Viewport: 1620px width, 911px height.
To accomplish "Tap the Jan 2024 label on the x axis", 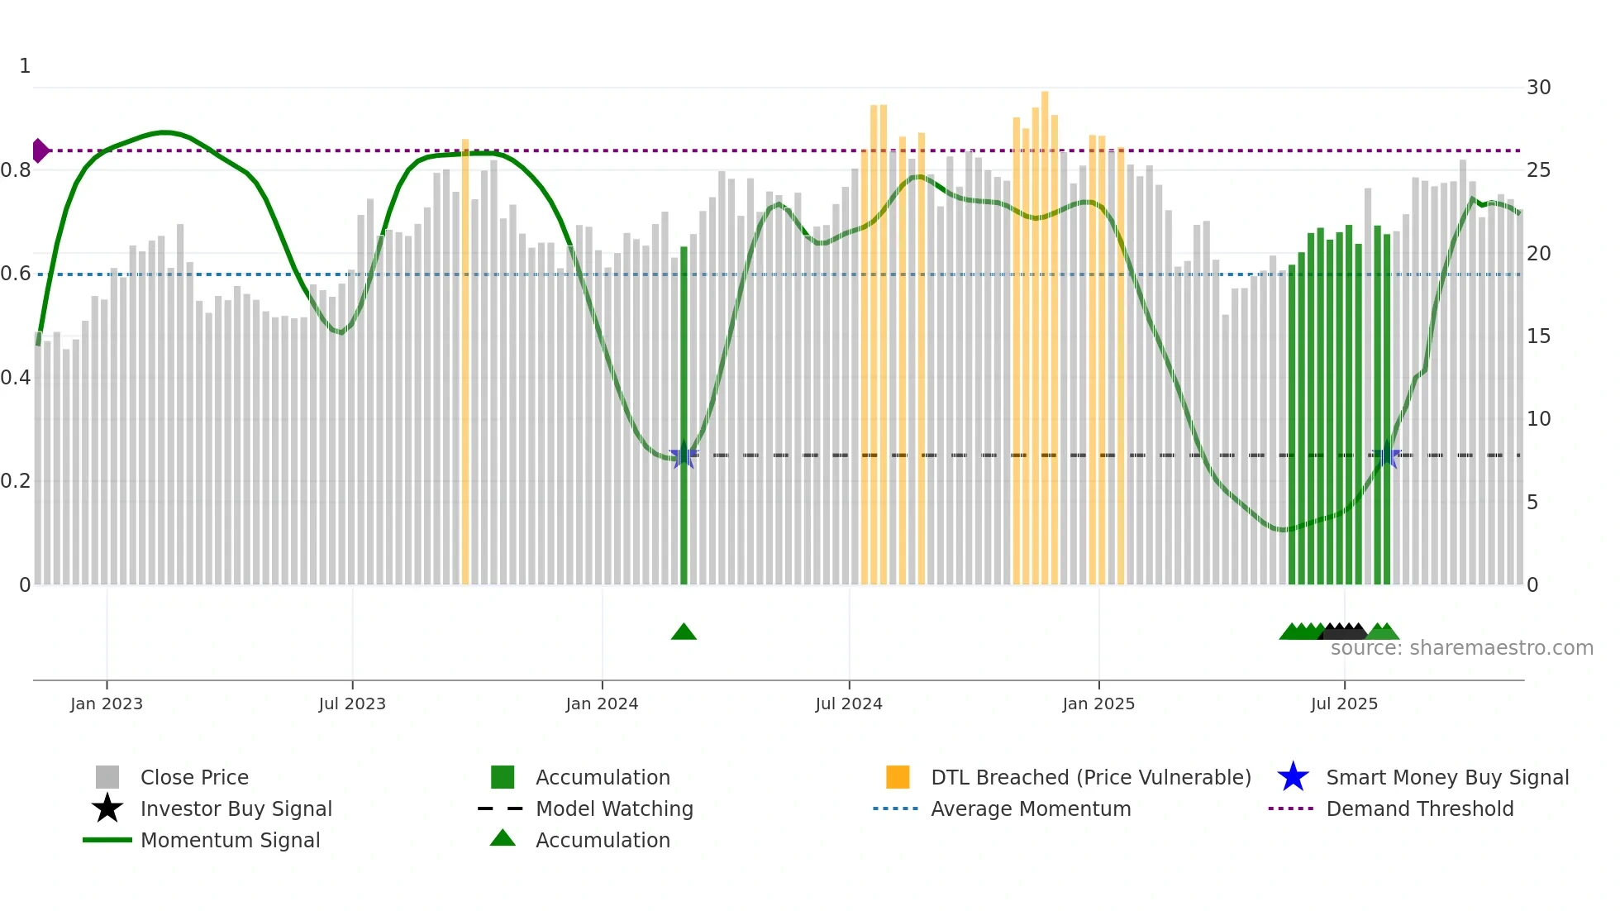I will pos(602,704).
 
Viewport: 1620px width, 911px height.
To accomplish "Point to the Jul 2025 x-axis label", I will pos(1344,704).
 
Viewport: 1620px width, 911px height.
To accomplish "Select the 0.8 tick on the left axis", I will pos(16,170).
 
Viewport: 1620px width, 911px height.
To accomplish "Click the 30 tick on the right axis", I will pos(1538,88).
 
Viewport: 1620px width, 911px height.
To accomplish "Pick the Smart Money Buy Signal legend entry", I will pos(1446,777).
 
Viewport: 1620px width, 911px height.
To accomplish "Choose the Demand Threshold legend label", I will pos(1419,808).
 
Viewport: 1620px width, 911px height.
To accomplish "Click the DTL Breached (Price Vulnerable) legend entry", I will pos(1090,777).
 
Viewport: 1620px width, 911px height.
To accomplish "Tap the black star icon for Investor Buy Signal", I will pos(107,808).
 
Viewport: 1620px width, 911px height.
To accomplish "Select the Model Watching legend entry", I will pos(613,808).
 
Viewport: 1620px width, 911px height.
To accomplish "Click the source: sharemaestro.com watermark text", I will pos(1461,648).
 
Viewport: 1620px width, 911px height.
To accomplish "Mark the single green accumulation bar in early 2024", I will pos(684,413).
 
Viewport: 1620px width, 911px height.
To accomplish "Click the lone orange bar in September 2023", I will pos(465,364).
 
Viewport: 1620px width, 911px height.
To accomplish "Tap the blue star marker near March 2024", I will pos(683,455).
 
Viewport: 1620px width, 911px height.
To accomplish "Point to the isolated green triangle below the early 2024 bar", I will pos(684,632).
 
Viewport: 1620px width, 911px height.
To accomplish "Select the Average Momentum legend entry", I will pos(1030,808).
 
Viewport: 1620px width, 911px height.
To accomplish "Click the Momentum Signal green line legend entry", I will pos(229,840).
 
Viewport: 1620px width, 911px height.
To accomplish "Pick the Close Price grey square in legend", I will pos(107,777).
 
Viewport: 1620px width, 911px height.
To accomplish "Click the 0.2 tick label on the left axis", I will pos(16,481).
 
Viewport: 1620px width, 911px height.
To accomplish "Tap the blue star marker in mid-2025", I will pos(1386,455).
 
